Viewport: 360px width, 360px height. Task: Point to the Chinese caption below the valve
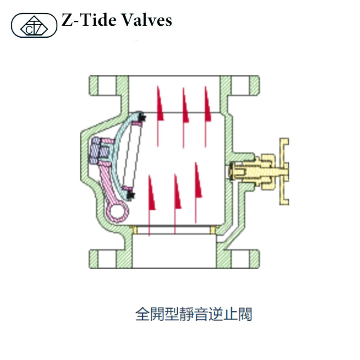point(193,314)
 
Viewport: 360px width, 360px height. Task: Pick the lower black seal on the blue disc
point(130,194)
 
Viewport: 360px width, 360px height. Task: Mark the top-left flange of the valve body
point(102,84)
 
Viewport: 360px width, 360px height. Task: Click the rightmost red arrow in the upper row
point(207,103)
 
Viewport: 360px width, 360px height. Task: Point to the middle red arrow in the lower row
point(176,191)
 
